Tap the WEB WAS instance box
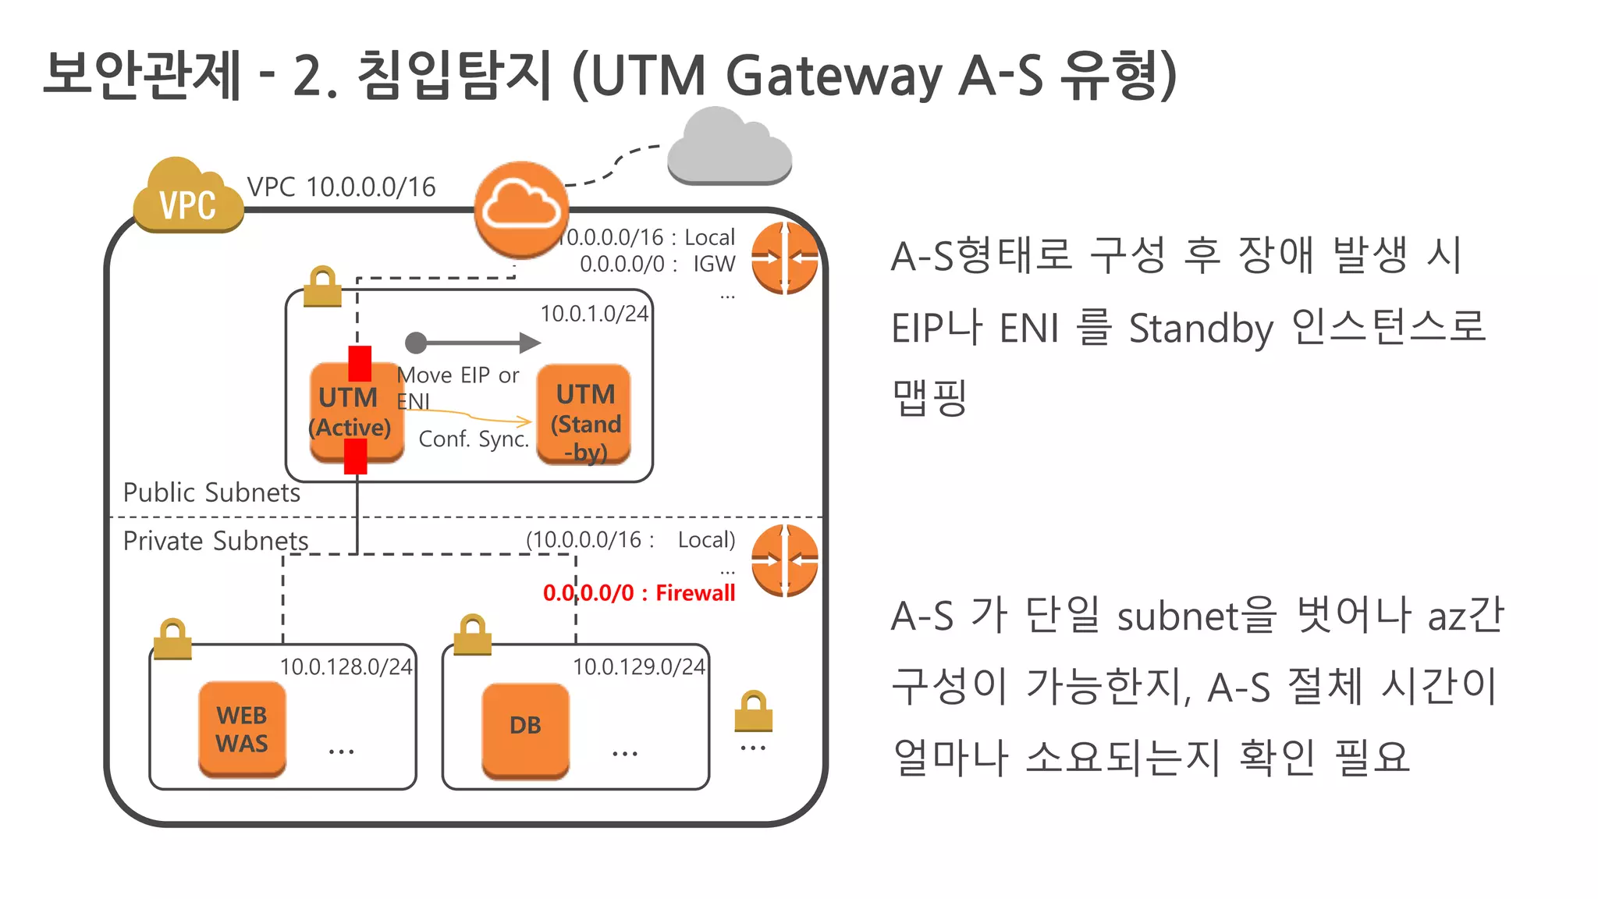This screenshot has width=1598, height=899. (x=242, y=729)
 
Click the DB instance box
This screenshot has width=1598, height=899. (x=525, y=729)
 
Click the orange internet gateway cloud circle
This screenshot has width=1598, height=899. (x=520, y=208)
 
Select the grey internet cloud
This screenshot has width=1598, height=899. (x=729, y=148)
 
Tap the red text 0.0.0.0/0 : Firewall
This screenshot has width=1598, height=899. (x=639, y=593)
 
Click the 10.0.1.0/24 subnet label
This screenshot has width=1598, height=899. (x=594, y=314)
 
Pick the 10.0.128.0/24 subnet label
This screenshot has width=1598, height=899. (x=346, y=667)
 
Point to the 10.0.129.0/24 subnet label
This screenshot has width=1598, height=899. (x=638, y=667)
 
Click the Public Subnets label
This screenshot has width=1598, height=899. (x=211, y=492)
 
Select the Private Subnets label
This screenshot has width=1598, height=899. (x=215, y=541)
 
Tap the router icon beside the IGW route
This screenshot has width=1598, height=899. (x=784, y=258)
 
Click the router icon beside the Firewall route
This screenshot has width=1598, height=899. (x=784, y=560)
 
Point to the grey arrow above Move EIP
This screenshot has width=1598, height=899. (x=473, y=343)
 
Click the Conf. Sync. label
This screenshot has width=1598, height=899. (x=474, y=439)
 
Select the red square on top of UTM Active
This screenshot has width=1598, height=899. (x=360, y=363)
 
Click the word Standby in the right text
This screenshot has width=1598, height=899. (x=1201, y=329)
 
